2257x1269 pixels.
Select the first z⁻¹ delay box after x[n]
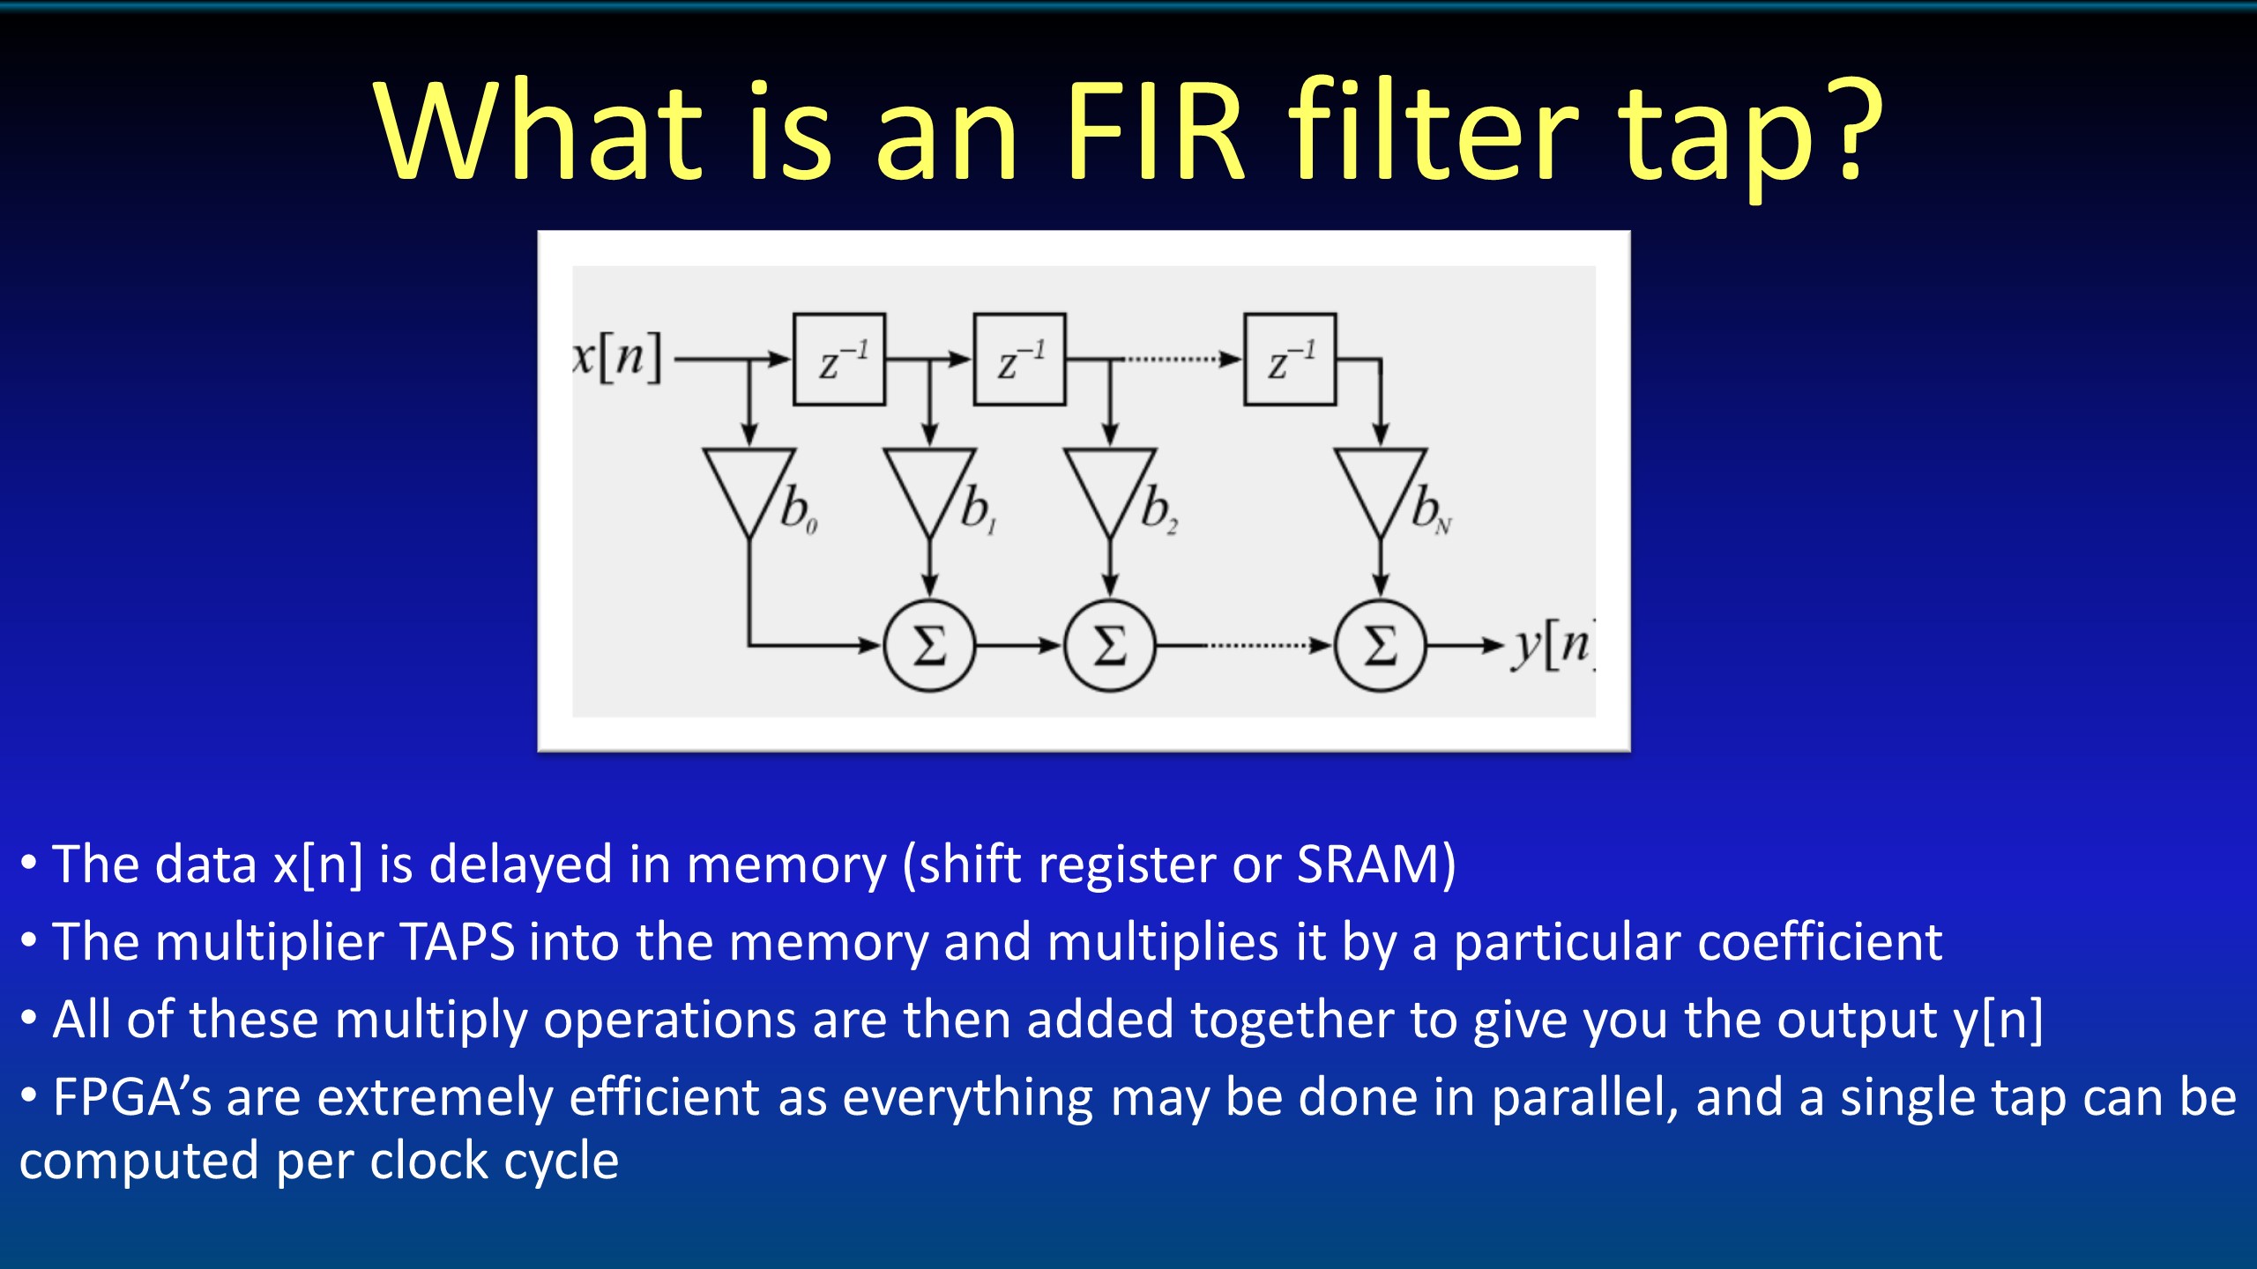coord(838,360)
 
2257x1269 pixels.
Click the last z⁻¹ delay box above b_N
coord(1289,360)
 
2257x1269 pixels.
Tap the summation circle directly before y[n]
coord(1380,646)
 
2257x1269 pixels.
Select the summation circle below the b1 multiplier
coord(929,646)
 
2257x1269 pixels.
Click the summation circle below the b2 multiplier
coord(1110,646)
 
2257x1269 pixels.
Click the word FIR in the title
coord(1155,132)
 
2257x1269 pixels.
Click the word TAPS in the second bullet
coord(458,942)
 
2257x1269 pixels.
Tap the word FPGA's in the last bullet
coord(132,1098)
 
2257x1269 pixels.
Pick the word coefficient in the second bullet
coord(1820,942)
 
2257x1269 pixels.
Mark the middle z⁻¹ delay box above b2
coord(1019,360)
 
